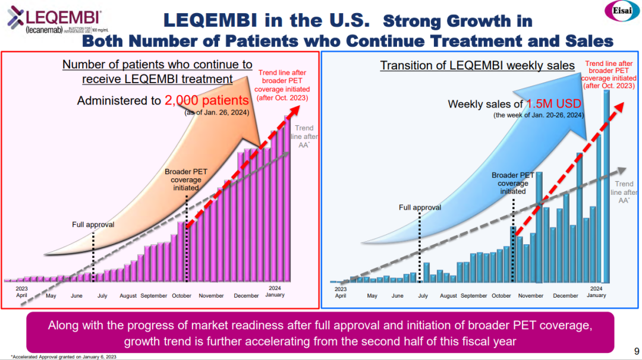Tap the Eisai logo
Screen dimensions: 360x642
pos(621,11)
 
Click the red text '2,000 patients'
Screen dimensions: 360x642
pos(206,100)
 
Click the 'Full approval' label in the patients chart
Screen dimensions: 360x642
pos(93,225)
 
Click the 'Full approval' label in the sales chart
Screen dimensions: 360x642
pos(420,207)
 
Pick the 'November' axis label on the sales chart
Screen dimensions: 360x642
pos(531,295)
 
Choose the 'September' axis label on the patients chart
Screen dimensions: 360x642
pos(154,295)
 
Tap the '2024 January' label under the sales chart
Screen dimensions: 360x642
pos(596,292)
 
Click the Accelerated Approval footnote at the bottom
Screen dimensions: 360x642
pos(64,356)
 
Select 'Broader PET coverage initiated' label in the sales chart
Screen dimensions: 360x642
pos(512,183)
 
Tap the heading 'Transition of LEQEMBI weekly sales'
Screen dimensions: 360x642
pos(477,65)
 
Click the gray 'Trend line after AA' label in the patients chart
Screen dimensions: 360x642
pos(304,136)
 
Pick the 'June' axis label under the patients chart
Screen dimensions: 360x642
pos(77,295)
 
